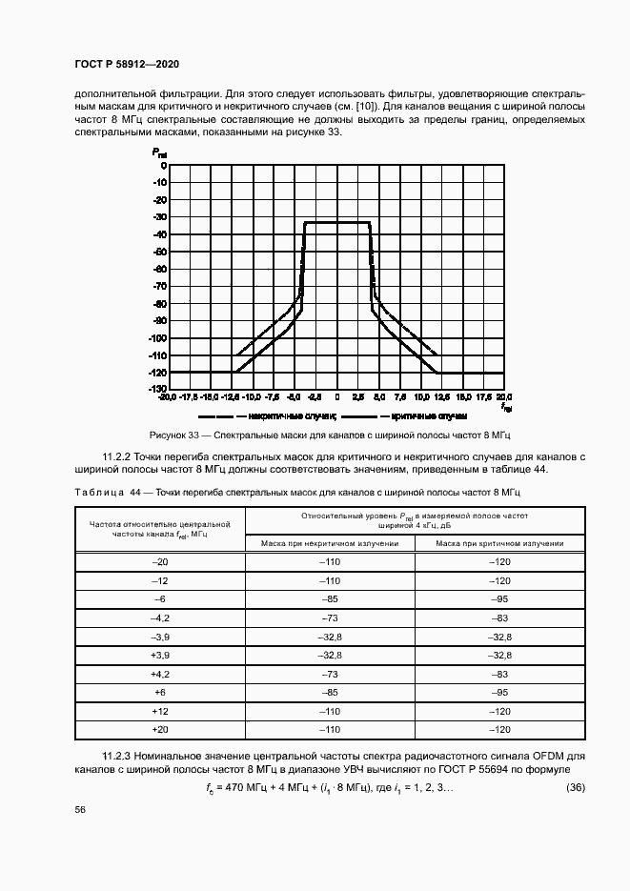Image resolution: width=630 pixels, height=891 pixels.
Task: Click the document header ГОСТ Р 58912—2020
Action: [x=127, y=64]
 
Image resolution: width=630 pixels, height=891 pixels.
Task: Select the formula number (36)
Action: [x=575, y=787]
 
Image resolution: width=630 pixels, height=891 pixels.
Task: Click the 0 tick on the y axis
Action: [x=164, y=165]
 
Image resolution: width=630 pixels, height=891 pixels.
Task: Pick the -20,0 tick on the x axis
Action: [x=168, y=397]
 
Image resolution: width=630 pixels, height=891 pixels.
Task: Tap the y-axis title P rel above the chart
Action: [x=159, y=152]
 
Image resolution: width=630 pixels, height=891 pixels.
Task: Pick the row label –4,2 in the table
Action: [x=159, y=619]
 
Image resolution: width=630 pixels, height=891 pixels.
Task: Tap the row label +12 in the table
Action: [x=159, y=712]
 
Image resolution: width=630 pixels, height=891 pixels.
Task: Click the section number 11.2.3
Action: [x=119, y=756]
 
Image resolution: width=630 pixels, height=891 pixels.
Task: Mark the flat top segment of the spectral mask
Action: [x=336, y=222]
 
